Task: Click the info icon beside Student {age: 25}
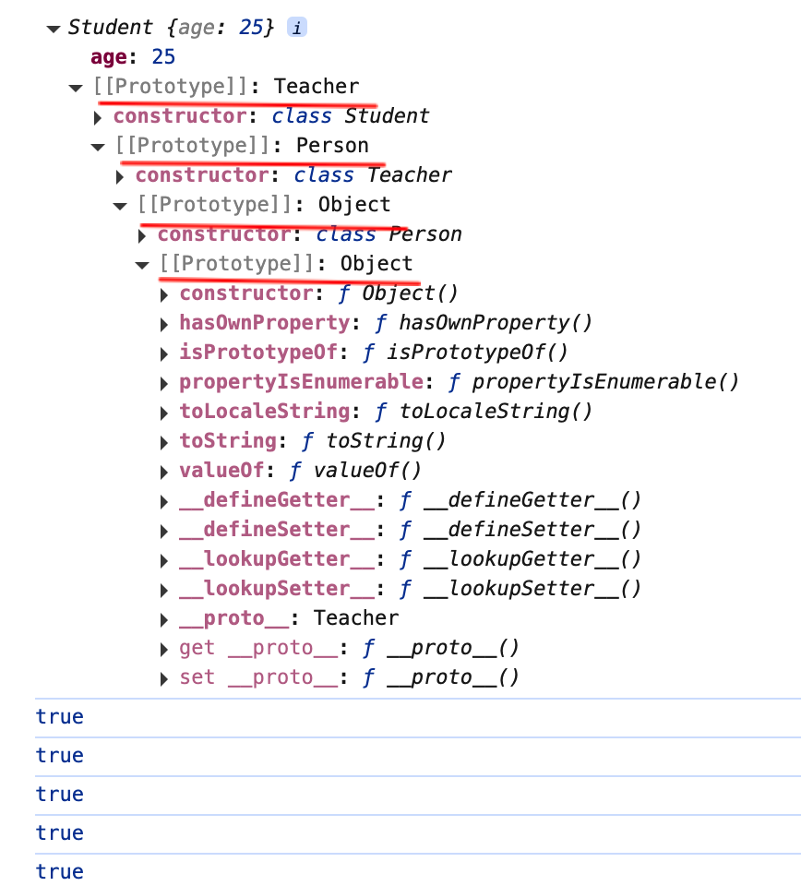pos(296,28)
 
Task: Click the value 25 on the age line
pos(163,57)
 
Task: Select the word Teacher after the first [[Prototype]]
pos(317,87)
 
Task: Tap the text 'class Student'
pos(351,116)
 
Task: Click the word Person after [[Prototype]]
pos(332,146)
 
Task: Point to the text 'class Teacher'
pos(373,175)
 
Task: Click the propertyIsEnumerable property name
pos(301,382)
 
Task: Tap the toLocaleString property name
pos(264,412)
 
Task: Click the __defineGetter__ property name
pos(277,500)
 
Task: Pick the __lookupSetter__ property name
pos(277,589)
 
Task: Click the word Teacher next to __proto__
pos(356,618)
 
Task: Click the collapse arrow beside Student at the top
pos(54,29)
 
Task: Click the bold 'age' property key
pos(109,57)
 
